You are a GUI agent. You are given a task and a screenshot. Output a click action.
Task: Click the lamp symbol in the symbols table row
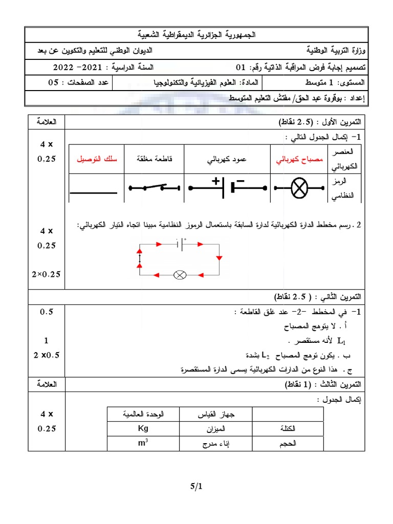point(299,188)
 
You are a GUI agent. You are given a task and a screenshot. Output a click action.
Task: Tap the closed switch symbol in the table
point(154,188)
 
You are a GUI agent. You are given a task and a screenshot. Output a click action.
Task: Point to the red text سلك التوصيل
point(97,159)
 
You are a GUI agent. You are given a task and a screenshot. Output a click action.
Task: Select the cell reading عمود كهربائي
point(227,159)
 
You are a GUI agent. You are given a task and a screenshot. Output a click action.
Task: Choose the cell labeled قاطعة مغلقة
point(154,159)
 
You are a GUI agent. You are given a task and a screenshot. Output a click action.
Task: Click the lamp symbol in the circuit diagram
point(180,275)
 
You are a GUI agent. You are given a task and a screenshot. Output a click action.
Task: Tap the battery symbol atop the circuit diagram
point(180,245)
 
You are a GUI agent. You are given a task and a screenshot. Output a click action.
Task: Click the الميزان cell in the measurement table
point(215,428)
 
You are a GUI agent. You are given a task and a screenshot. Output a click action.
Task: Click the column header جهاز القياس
point(215,413)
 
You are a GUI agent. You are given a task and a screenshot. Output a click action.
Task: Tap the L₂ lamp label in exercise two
point(266,354)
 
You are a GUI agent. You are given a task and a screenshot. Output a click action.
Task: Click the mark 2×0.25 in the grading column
point(46,274)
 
